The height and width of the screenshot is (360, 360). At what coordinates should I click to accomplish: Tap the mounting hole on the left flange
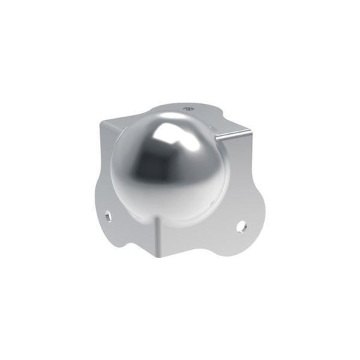click(x=107, y=215)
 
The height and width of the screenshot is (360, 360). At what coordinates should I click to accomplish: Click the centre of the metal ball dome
click(x=170, y=169)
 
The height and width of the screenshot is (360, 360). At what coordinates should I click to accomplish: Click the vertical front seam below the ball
click(x=158, y=237)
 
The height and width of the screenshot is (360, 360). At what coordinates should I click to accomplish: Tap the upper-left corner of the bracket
click(x=102, y=123)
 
